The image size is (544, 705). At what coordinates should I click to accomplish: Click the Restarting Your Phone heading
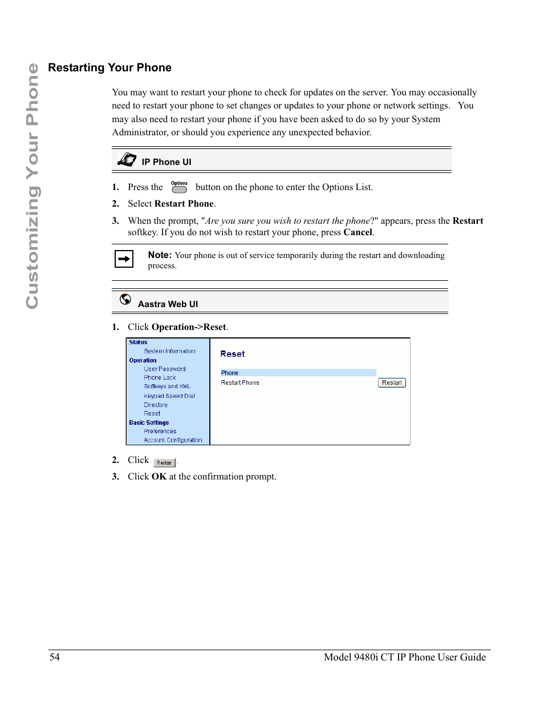point(109,67)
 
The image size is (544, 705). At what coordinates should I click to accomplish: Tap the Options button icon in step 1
point(179,187)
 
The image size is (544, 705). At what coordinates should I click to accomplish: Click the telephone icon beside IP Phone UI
point(127,160)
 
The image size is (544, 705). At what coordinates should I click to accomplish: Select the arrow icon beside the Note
point(124,259)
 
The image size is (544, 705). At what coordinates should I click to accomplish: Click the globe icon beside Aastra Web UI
point(125,299)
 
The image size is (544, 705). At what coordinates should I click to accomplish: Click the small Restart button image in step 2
point(164,463)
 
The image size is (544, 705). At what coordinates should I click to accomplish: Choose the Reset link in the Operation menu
point(152,413)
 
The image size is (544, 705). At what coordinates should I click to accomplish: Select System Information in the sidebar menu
point(169,351)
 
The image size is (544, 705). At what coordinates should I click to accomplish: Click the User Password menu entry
point(164,369)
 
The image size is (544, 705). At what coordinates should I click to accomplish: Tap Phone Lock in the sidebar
point(160,377)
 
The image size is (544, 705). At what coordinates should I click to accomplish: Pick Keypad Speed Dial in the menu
point(169,396)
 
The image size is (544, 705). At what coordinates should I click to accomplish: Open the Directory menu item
point(155,405)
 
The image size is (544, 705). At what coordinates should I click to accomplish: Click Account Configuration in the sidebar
point(173,440)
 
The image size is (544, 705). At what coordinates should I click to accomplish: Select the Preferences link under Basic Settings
point(160,432)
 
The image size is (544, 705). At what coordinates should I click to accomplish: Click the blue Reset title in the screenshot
point(232,354)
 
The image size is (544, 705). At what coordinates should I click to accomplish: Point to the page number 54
point(54,657)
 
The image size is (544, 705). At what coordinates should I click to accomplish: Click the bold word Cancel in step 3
point(358,232)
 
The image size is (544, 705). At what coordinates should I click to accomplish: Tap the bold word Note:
point(159,255)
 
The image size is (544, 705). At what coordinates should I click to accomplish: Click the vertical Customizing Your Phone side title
point(32,186)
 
